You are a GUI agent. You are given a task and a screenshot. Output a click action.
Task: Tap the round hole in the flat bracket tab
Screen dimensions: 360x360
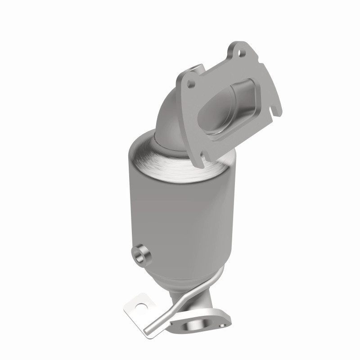click(141, 308)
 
